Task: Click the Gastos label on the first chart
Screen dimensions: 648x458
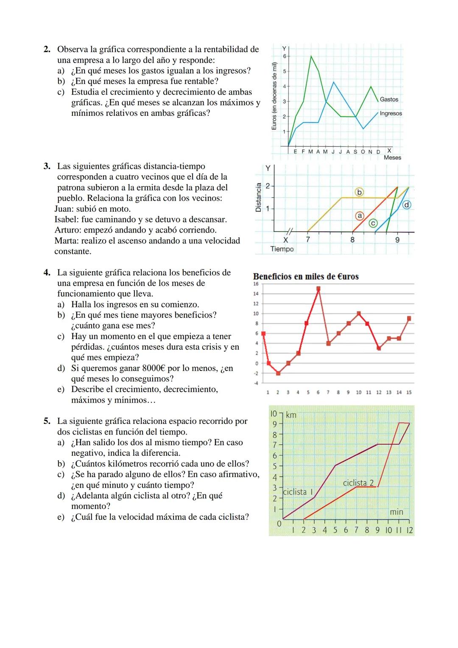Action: pyautogui.click(x=389, y=99)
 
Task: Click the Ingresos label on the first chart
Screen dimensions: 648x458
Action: pyautogui.click(x=391, y=114)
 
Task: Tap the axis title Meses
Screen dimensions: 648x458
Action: pyautogui.click(x=392, y=157)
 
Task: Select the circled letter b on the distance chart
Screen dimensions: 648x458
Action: pyautogui.click(x=359, y=192)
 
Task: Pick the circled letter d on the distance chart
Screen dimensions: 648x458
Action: pyautogui.click(x=407, y=205)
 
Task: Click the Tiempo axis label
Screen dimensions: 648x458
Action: pyautogui.click(x=282, y=249)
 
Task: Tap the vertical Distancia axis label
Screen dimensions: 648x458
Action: pyautogui.click(x=258, y=197)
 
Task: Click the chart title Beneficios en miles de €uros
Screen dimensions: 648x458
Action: pyautogui.click(x=306, y=277)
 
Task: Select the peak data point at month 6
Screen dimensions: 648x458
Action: pyautogui.click(x=318, y=289)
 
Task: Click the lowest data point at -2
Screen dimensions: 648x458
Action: pyautogui.click(x=278, y=373)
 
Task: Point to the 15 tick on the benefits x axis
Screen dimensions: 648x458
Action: pyautogui.click(x=409, y=393)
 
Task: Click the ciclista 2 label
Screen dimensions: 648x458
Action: pyautogui.click(x=358, y=483)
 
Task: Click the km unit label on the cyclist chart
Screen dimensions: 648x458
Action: pyautogui.click(x=291, y=415)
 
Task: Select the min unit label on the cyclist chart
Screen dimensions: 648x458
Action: pyautogui.click(x=397, y=512)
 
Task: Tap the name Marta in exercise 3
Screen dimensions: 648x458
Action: pyautogui.click(x=65, y=241)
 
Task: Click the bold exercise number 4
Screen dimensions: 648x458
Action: pyautogui.click(x=47, y=272)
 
